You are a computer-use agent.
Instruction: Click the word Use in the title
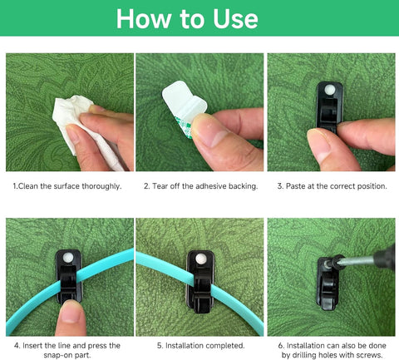click(235, 18)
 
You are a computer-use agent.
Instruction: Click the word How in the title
click(144, 18)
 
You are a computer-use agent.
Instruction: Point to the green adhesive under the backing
click(185, 128)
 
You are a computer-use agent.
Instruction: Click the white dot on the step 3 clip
click(330, 89)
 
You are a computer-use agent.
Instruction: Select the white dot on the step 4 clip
click(67, 258)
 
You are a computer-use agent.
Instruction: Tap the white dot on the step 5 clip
click(200, 259)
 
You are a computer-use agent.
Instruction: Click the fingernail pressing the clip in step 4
click(71, 315)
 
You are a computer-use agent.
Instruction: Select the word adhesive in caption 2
click(211, 186)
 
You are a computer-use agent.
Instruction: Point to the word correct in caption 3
click(342, 186)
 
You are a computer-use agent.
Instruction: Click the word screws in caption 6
click(369, 355)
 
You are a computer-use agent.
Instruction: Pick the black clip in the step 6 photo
click(328, 285)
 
